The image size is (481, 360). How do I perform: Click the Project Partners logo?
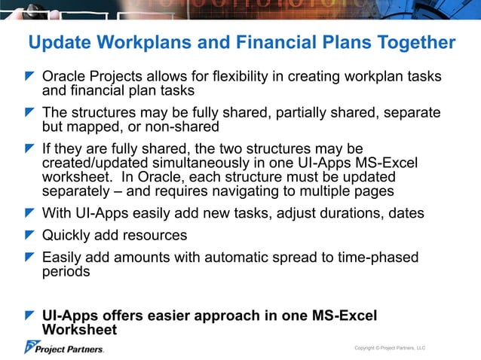64,347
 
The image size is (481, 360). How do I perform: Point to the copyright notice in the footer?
390,348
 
